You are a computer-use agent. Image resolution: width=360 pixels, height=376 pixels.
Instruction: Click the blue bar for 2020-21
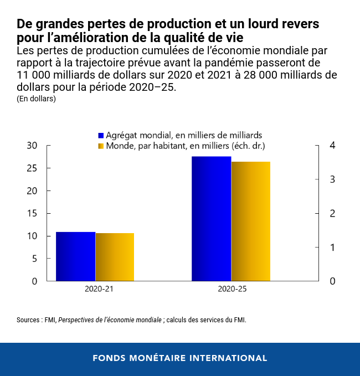coord(76,256)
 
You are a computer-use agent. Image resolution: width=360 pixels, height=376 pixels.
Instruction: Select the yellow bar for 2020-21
coord(115,257)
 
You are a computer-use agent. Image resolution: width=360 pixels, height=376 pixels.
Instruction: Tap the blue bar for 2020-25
coord(211,219)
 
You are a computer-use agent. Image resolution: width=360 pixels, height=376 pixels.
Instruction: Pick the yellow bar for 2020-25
coord(250,222)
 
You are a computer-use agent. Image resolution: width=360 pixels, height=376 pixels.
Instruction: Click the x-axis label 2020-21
coord(100,289)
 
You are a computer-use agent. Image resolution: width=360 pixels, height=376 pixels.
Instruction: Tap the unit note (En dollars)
coord(37,99)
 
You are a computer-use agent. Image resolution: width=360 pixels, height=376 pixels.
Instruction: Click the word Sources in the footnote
coord(29,320)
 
